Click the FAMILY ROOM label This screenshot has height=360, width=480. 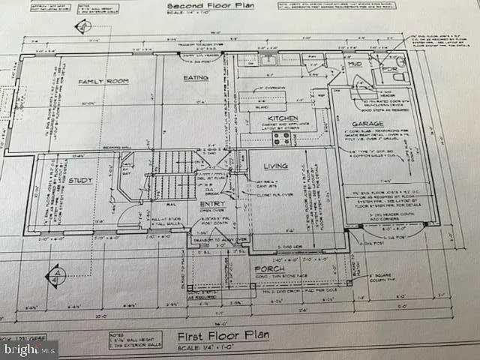[105, 80]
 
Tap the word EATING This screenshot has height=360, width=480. [196, 77]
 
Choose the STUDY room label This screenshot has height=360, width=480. [79, 181]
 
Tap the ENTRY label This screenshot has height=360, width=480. [212, 203]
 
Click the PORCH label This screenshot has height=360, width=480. [268, 268]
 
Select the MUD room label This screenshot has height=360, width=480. [354, 65]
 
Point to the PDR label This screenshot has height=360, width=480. [388, 68]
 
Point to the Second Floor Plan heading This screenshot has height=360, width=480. [199, 7]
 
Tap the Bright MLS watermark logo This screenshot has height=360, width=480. [28, 348]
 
